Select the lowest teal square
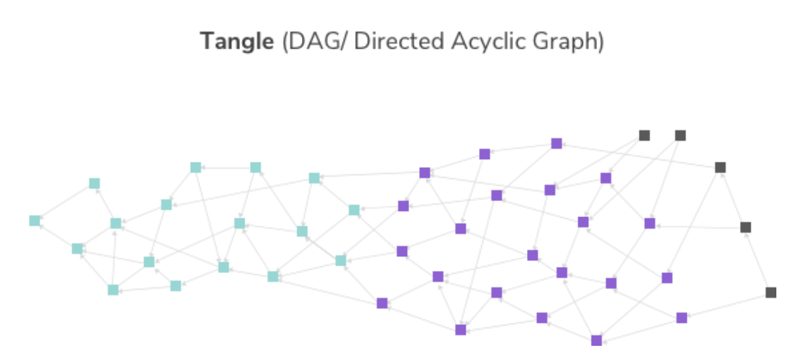coord(113,290)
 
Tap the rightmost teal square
coord(354,210)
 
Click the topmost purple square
coord(557,143)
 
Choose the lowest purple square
coord(596,340)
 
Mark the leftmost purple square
coord(382,303)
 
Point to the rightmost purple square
coord(682,318)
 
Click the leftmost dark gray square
coord(644,136)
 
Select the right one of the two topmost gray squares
coord(681,136)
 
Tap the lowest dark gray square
coord(771,292)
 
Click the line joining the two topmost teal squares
coord(226,167)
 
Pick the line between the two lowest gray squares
coord(758,260)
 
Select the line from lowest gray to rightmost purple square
coord(726,305)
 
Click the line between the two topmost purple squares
coord(520,148)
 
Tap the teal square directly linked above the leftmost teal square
coord(94,183)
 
